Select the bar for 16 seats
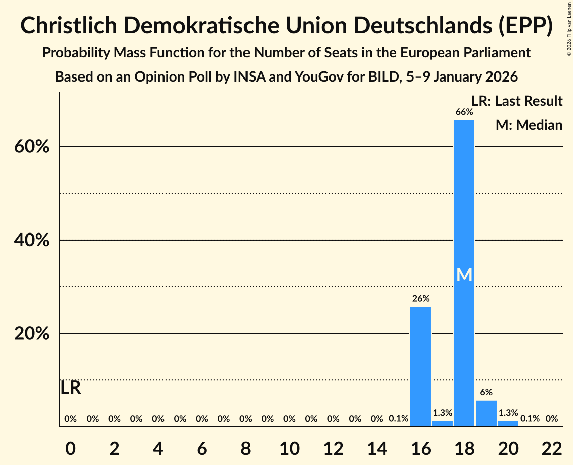420,367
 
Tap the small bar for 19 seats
486,413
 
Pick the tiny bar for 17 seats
442,424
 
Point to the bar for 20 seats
508,424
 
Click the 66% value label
464,112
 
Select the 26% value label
420,298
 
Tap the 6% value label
486,392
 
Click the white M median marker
464,275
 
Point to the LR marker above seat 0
71,387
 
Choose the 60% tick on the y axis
31,147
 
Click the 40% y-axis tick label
31,241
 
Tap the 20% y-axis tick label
31,334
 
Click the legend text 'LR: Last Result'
517,101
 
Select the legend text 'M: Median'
529,125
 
